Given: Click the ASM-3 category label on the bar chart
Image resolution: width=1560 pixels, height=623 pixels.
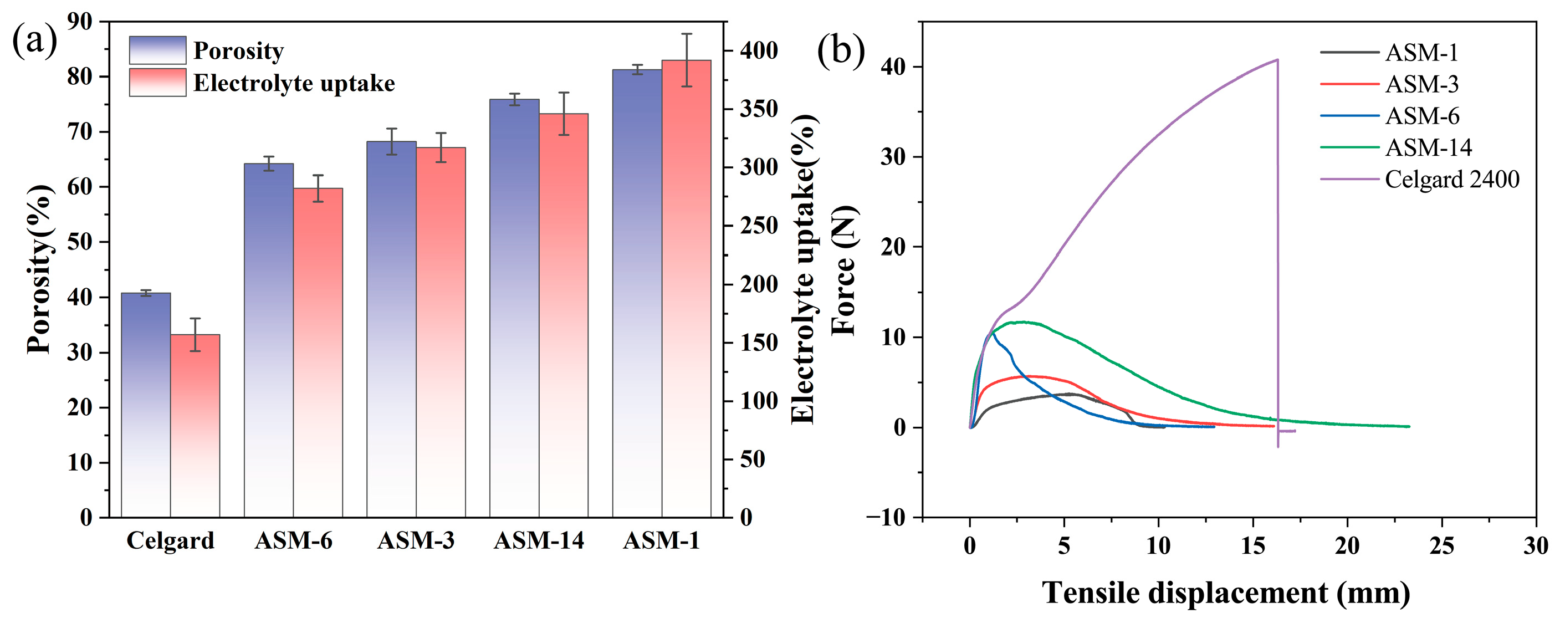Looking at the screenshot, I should pos(416,540).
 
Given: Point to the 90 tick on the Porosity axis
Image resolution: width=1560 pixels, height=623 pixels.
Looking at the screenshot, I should pos(80,22).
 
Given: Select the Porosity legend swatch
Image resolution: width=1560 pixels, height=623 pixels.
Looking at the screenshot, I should pos(157,50).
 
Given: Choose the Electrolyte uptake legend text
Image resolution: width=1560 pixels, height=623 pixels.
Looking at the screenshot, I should pos(294,83).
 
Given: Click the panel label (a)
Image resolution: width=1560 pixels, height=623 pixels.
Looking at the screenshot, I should pos(34,41).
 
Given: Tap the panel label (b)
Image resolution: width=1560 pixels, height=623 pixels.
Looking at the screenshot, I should pos(841,50).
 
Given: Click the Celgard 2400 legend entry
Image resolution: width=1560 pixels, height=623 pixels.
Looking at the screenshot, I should pos(1451,179).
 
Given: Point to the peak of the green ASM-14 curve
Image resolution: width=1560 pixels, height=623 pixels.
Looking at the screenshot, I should pos(1024,321).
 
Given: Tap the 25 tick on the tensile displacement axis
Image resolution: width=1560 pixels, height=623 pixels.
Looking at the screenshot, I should pos(1442,545).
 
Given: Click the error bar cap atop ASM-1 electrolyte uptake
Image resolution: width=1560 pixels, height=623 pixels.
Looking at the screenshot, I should pos(686,34).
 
